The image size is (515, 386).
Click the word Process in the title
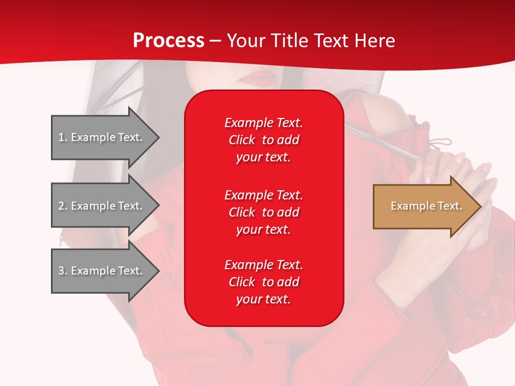[x=168, y=41]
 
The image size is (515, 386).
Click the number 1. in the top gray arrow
[x=63, y=137]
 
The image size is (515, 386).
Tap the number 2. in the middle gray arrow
[x=63, y=206]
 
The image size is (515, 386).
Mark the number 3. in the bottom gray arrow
[x=63, y=271]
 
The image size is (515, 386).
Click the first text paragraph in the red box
[x=263, y=140]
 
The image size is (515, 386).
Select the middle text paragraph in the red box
[x=263, y=212]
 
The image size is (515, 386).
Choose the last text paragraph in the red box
[x=263, y=282]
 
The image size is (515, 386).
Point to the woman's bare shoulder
[x=384, y=107]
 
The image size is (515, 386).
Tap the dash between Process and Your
[x=216, y=41]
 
